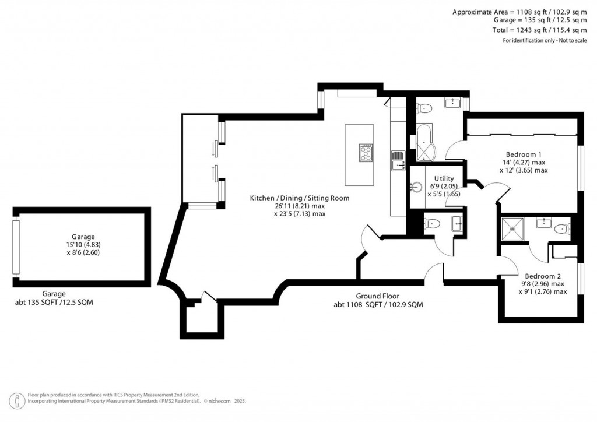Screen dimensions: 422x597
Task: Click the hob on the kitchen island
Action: point(366,153)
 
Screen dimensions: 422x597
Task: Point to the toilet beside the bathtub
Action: point(424,108)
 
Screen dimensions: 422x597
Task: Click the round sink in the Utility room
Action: point(416,187)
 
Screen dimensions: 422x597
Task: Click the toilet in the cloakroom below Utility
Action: point(431,223)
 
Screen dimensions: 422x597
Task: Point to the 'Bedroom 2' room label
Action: point(542,276)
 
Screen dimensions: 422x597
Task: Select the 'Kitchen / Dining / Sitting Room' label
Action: point(300,198)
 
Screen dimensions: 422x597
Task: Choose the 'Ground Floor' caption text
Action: point(378,296)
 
